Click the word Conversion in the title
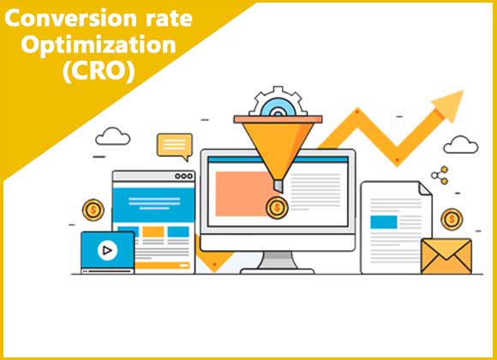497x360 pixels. (x=70, y=18)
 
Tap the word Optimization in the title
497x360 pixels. (x=99, y=45)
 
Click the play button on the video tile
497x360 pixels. (x=107, y=250)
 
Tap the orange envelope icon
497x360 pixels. (x=446, y=256)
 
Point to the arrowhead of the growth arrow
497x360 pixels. (x=450, y=105)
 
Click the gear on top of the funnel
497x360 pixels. (x=278, y=101)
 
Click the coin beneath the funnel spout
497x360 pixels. (x=277, y=207)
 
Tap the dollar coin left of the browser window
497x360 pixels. (x=93, y=210)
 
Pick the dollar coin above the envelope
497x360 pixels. (x=452, y=219)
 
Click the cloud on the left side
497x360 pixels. (x=113, y=136)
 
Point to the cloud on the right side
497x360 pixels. (x=460, y=145)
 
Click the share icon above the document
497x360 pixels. (x=440, y=175)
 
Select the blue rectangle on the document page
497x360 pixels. (x=384, y=222)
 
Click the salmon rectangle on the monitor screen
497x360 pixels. (x=243, y=194)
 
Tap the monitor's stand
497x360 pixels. (x=278, y=262)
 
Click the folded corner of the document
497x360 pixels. (x=425, y=189)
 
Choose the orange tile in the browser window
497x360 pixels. (x=153, y=232)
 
